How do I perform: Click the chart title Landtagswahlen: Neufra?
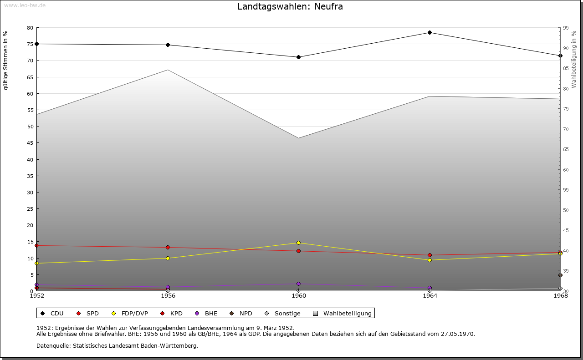290,7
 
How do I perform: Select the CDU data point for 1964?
430,32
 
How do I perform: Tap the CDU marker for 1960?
298,57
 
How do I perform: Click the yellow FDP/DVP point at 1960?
298,243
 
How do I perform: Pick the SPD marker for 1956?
168,247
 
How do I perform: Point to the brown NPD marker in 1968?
560,275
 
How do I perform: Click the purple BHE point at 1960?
298,284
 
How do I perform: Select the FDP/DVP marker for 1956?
168,258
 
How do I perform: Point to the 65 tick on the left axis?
30,77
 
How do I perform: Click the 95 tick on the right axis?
565,28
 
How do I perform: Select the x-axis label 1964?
430,296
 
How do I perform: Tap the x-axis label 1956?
168,296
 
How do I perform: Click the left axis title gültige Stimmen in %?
6,60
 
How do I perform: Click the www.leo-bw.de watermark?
24,5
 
